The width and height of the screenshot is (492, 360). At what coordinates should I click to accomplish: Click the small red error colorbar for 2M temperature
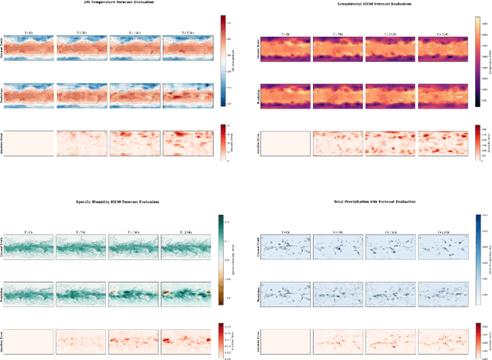pyautogui.click(x=222, y=143)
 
